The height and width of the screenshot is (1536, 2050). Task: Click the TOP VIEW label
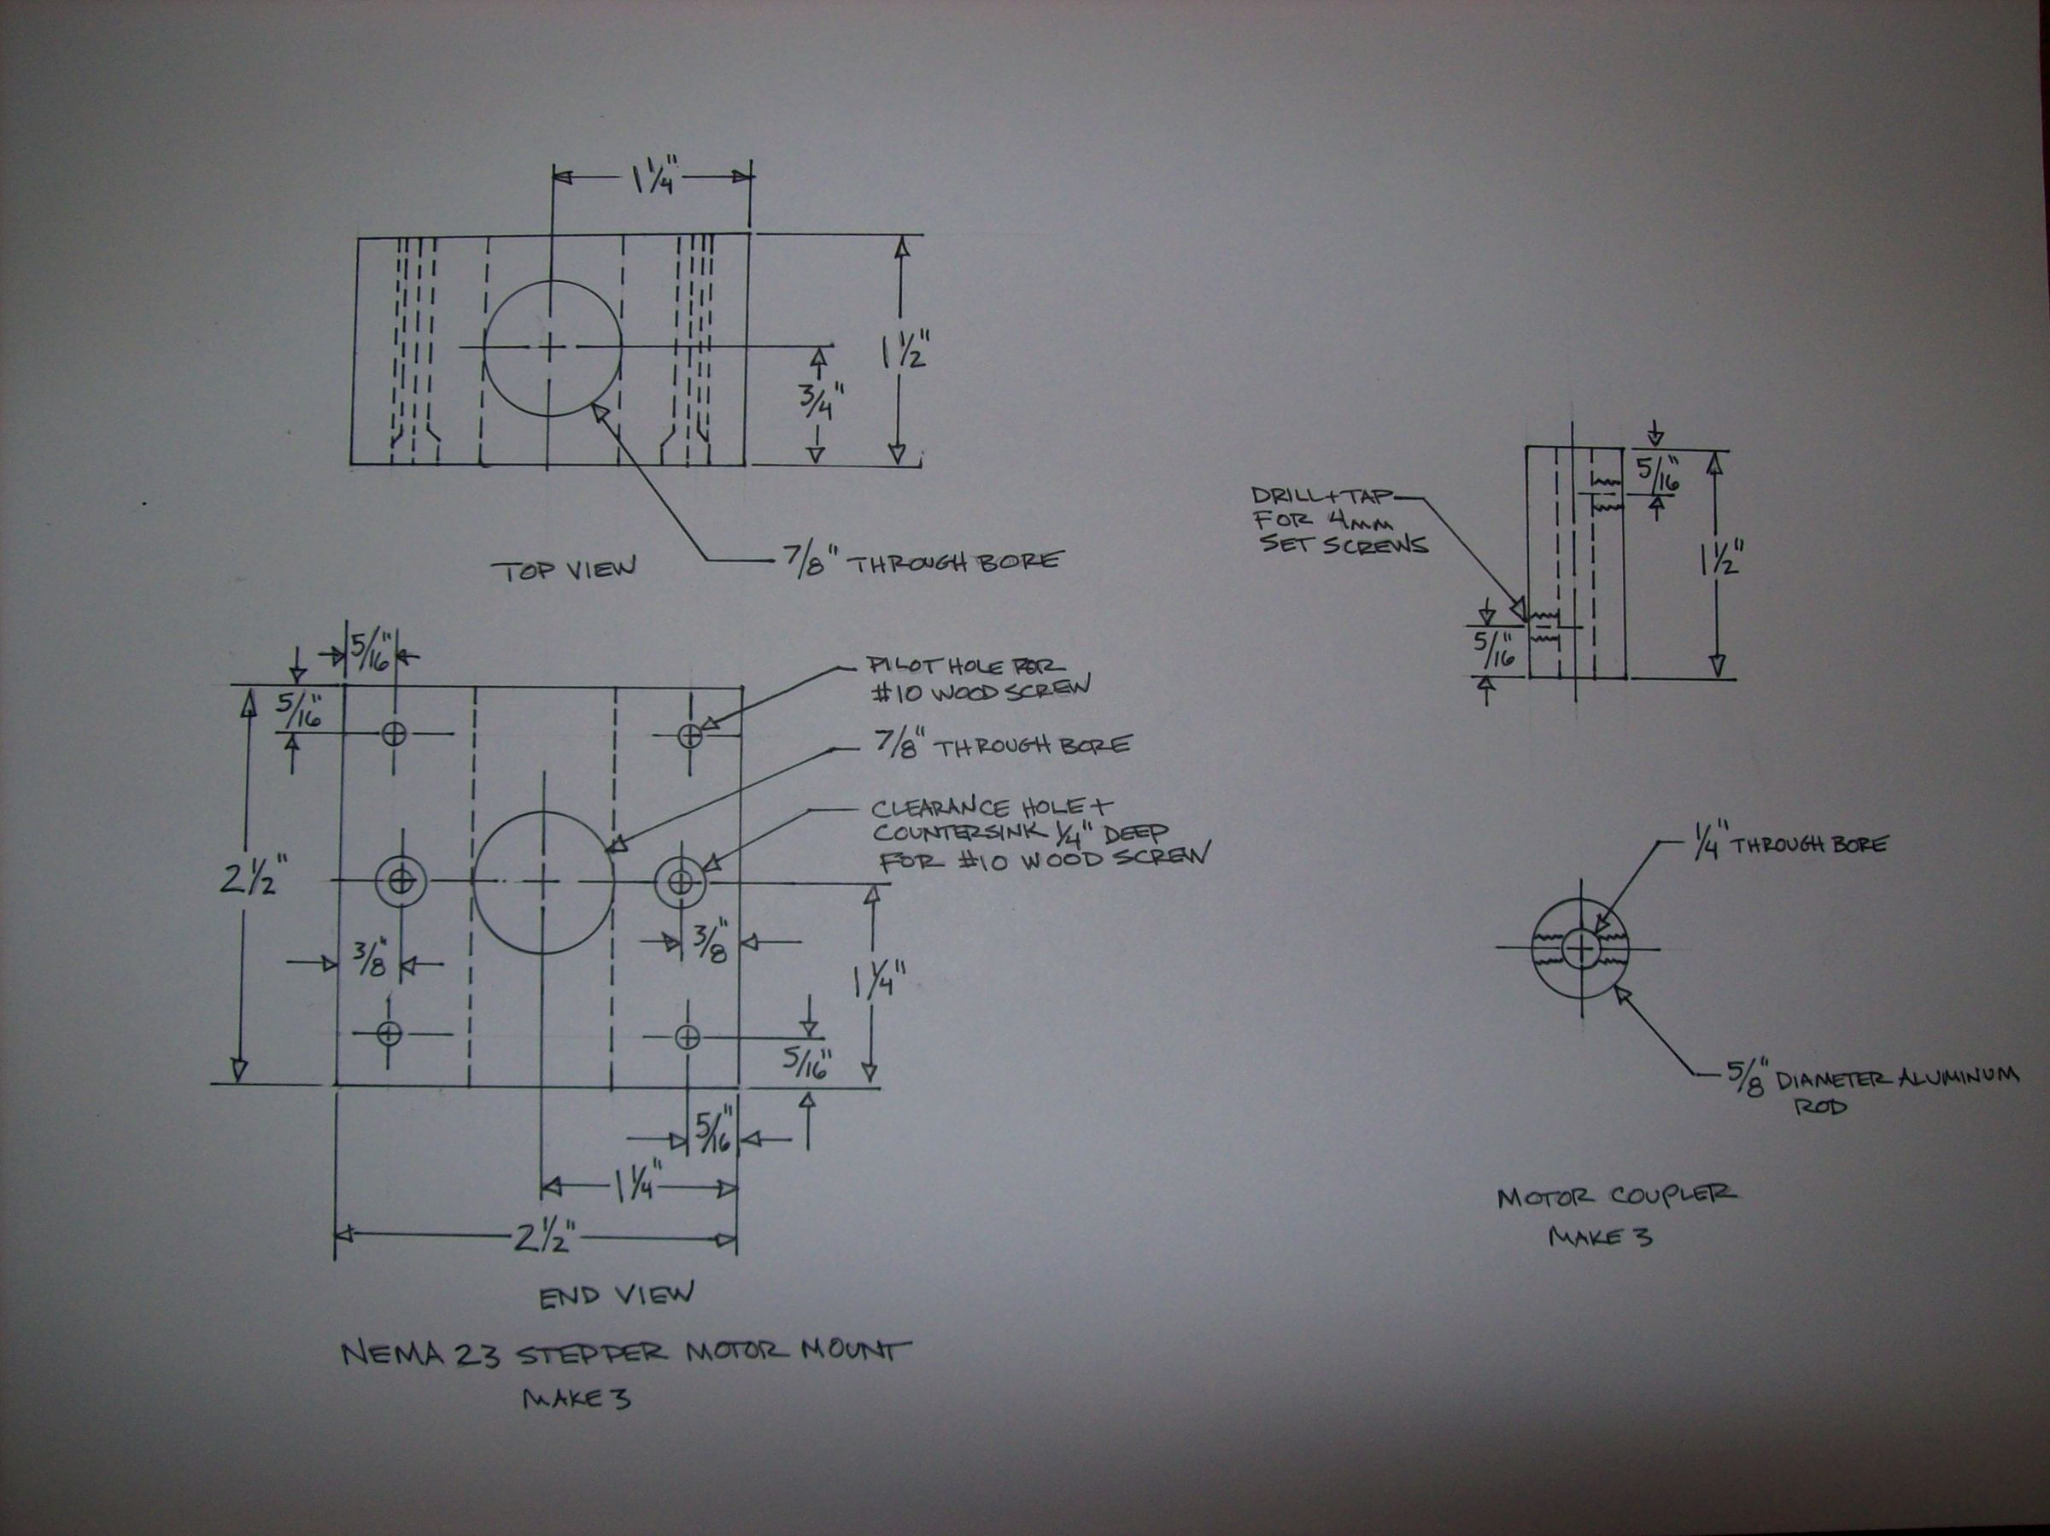pos(564,568)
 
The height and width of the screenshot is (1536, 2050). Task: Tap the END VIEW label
pos(615,1295)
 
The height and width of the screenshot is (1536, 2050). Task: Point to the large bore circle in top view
pos(553,347)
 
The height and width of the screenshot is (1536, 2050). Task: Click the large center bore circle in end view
pos(543,880)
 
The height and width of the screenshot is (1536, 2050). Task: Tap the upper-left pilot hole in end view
pos(395,734)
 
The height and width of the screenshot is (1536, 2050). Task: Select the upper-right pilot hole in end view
pos(689,736)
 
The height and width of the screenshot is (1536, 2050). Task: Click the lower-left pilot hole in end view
pos(389,1033)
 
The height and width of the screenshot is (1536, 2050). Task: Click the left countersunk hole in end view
pos(401,880)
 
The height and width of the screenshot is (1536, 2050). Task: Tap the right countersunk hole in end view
pos(681,880)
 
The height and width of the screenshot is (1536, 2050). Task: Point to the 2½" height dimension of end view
pos(249,881)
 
